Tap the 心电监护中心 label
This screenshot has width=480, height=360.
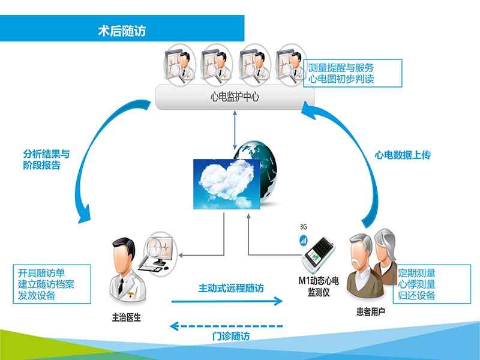click(x=231, y=96)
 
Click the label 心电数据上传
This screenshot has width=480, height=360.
click(x=403, y=155)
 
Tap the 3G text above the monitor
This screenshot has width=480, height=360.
click(x=304, y=228)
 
